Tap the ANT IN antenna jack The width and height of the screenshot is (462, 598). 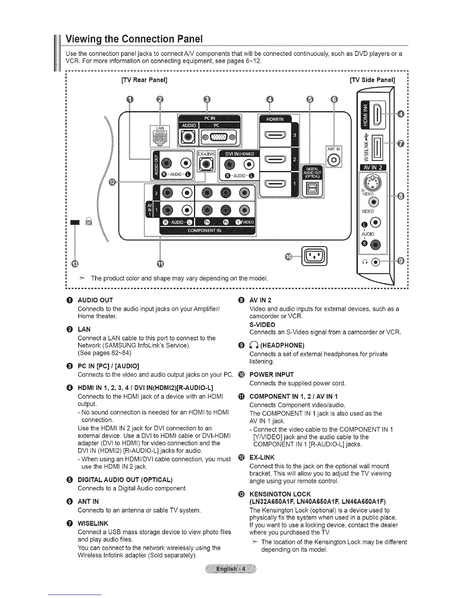point(334,160)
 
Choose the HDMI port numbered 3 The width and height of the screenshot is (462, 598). point(275,135)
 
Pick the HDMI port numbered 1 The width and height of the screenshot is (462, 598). point(275,184)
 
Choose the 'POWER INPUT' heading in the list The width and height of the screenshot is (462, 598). point(271,375)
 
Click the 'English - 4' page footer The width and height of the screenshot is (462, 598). point(231,569)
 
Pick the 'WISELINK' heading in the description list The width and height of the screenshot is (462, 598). point(93,523)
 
